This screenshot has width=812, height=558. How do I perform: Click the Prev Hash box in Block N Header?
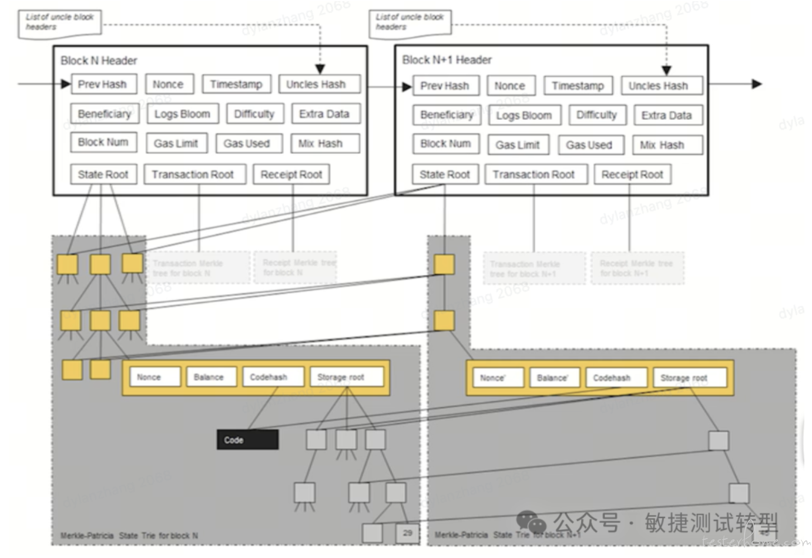coord(103,84)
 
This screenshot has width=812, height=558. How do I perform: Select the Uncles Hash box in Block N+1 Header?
coord(662,86)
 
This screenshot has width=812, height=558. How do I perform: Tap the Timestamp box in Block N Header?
coord(236,84)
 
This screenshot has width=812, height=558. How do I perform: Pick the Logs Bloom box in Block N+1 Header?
coord(524,115)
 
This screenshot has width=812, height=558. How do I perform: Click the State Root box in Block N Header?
coord(103,174)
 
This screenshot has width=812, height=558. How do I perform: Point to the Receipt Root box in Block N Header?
coord(291,174)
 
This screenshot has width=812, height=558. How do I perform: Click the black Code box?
coord(247,439)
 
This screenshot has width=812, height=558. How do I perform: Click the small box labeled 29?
coord(408,533)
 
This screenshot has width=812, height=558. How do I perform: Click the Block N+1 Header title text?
coord(447,60)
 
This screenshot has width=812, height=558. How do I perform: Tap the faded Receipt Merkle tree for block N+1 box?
coord(637,268)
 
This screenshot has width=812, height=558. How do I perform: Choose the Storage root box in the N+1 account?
coord(689,378)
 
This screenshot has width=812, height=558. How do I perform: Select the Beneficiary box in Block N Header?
coord(104,114)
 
